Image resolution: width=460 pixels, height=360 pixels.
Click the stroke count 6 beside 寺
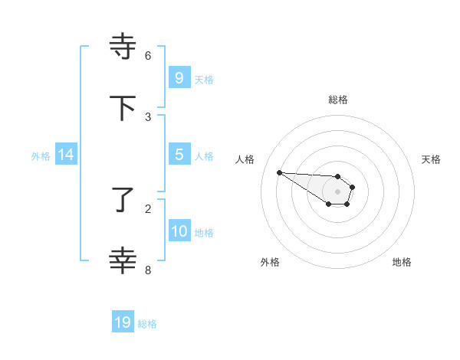(x=148, y=56)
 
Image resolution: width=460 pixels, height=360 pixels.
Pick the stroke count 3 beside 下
(x=148, y=117)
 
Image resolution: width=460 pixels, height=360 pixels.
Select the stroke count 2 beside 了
(x=148, y=208)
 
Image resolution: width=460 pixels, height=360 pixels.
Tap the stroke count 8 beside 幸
(x=148, y=270)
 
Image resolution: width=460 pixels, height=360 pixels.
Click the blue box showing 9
(x=179, y=78)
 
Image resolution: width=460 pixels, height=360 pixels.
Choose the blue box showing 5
(x=179, y=155)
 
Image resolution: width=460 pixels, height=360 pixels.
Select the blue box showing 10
(x=179, y=231)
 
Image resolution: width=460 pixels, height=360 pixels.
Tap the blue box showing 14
(x=66, y=155)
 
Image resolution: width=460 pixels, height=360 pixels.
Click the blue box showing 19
(x=123, y=322)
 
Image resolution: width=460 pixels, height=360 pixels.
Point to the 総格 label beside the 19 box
(x=147, y=324)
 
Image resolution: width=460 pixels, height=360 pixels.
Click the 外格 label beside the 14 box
(x=41, y=155)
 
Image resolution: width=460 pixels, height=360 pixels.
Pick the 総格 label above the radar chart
(x=338, y=100)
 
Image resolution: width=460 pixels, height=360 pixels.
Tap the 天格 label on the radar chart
(x=431, y=159)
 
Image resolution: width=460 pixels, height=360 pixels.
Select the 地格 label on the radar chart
(x=402, y=262)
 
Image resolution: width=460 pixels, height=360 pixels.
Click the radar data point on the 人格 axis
(x=279, y=172)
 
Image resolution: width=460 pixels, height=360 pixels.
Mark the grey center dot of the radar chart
(x=338, y=191)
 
